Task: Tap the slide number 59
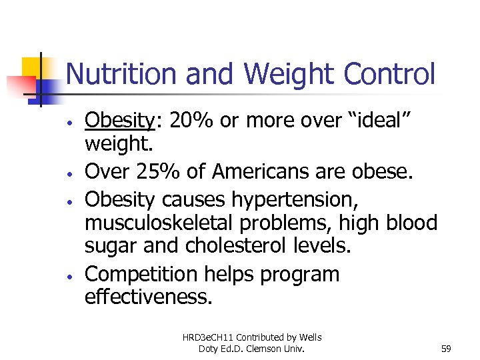(447, 347)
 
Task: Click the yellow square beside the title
(33, 69)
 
